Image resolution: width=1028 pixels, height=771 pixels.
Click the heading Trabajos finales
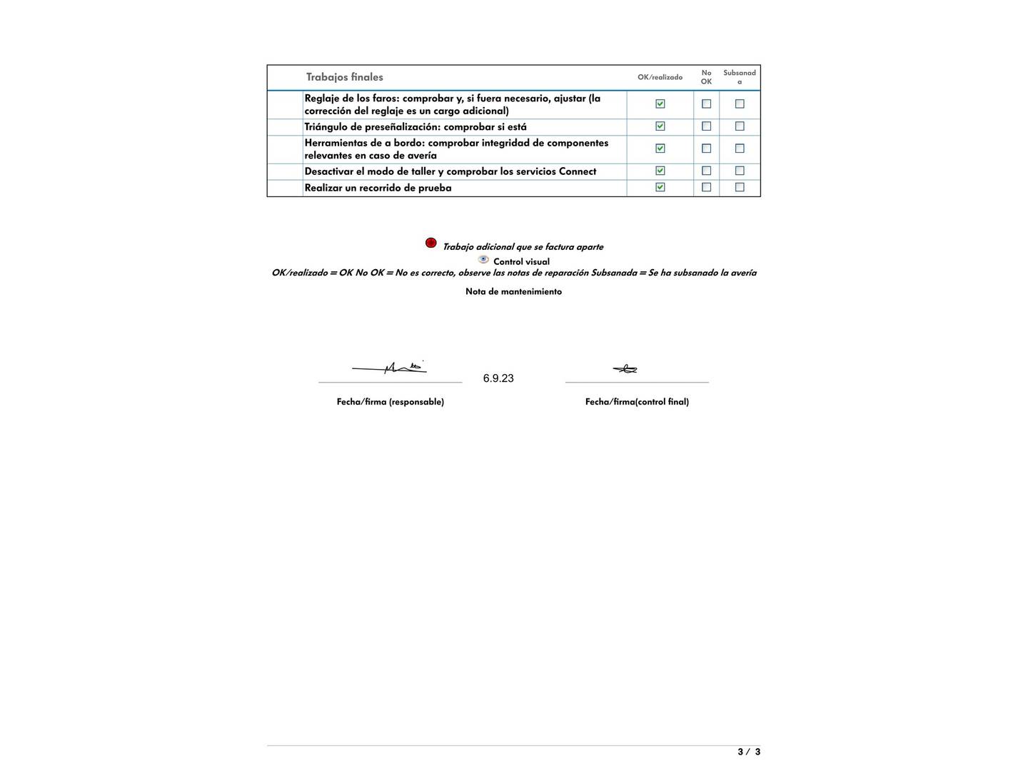tap(344, 77)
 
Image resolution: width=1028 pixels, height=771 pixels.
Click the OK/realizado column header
tap(660, 77)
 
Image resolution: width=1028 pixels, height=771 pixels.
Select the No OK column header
tap(706, 77)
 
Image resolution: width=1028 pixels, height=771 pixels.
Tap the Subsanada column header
tap(739, 77)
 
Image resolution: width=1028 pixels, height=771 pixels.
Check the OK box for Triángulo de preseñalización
tap(660, 126)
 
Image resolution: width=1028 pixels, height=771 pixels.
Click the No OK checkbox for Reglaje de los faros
tap(706, 104)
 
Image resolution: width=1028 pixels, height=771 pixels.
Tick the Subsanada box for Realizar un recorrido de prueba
tap(740, 187)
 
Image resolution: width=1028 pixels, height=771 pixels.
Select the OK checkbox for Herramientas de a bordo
tap(660, 148)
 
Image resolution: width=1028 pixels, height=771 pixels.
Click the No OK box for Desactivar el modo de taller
tap(706, 171)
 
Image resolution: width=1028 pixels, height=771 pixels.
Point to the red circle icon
tap(430, 243)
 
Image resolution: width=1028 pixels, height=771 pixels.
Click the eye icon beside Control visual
tap(483, 260)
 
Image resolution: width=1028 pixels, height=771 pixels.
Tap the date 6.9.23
tap(498, 378)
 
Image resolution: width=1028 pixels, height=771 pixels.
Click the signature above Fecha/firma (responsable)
tap(390, 368)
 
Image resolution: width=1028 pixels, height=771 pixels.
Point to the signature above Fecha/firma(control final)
tap(625, 369)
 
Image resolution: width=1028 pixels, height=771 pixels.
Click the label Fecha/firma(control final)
tap(637, 402)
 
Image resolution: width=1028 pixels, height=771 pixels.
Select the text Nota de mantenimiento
tap(513, 291)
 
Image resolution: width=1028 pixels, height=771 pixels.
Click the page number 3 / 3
tap(748, 752)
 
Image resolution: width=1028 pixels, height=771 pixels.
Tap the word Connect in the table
tap(577, 171)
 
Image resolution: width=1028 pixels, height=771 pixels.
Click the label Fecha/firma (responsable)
tap(390, 402)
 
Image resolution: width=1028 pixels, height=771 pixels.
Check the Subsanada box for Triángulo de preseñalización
tap(740, 126)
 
